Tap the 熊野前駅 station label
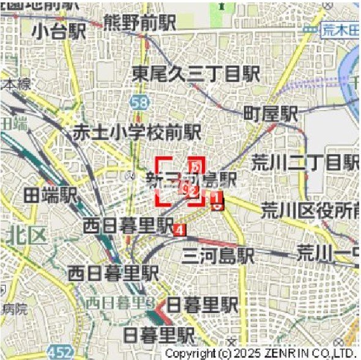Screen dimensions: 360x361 point(140,22)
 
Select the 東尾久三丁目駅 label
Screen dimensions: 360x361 point(196,75)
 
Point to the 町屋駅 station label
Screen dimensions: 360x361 point(270,113)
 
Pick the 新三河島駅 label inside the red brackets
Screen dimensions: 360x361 point(191,179)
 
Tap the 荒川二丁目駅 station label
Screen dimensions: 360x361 point(305,163)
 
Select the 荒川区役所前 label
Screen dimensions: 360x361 point(309,210)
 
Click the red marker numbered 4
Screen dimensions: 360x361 point(179,229)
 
